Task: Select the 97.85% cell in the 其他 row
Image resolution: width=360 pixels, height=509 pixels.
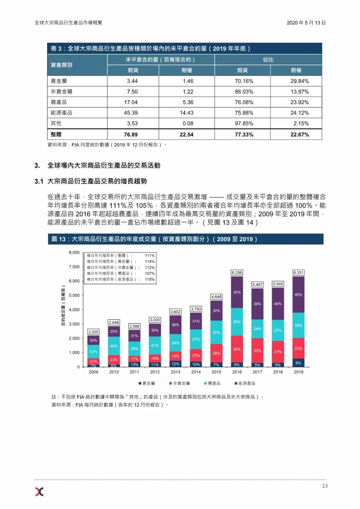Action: [244, 124]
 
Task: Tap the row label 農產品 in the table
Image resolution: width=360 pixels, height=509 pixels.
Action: [59, 102]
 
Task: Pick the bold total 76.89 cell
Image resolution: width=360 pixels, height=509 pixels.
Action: [131, 135]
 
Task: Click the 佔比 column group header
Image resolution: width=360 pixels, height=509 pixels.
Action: [268, 60]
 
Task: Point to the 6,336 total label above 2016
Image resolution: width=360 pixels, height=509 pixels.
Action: [237, 272]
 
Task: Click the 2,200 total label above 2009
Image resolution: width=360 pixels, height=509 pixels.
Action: [93, 332]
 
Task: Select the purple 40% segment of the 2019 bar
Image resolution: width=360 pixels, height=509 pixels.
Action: [298, 294]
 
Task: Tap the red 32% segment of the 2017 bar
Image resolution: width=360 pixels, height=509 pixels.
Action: [257, 350]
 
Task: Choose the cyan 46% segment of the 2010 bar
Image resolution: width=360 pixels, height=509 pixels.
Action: [114, 346]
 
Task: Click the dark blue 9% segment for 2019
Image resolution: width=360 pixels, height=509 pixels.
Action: [298, 363]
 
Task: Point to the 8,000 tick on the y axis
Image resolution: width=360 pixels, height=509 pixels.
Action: [74, 253]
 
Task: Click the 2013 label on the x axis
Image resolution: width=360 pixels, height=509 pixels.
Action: [175, 372]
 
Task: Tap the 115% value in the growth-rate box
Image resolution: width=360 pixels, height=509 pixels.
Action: [150, 279]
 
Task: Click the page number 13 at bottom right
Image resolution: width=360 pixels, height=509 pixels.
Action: [325, 486]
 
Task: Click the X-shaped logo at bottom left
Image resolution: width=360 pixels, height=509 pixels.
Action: [39, 492]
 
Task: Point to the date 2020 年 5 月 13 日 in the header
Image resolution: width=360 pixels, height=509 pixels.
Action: [306, 23]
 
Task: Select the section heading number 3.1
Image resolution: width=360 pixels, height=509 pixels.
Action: [39, 182]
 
